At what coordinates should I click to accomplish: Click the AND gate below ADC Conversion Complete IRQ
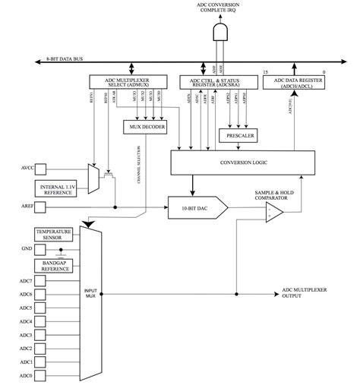point(221,32)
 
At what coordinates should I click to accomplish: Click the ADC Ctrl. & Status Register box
point(218,81)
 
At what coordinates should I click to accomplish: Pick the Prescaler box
point(239,135)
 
